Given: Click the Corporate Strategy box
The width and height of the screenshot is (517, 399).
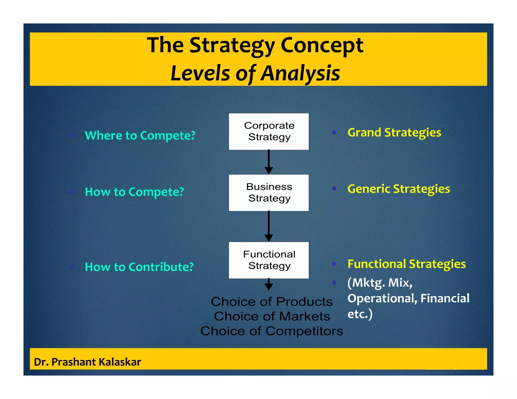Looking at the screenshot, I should [x=269, y=131].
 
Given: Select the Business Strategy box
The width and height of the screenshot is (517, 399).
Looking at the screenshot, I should [x=269, y=193].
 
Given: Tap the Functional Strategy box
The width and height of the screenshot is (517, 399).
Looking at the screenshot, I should [x=269, y=260].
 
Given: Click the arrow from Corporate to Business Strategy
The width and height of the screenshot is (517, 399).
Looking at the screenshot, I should [x=269, y=161].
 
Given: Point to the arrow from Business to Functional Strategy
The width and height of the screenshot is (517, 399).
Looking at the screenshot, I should [x=269, y=226].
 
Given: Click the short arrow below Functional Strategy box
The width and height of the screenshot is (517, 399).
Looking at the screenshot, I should [x=269, y=284].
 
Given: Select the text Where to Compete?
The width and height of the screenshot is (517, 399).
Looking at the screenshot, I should [x=140, y=135].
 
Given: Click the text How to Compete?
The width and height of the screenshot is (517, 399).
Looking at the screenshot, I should [x=134, y=192].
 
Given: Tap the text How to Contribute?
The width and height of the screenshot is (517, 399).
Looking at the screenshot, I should [x=139, y=267].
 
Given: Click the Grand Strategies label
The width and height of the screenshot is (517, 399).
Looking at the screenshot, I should [x=394, y=132].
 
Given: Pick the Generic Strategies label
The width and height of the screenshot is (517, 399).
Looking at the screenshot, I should [x=399, y=189].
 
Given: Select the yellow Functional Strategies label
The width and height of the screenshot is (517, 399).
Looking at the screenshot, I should [x=406, y=264].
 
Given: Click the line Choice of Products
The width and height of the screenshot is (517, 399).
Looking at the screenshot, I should [x=272, y=302].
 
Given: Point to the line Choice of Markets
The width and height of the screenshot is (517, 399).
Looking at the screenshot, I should [x=272, y=316].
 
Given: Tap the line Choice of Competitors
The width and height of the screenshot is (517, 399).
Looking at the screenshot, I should [x=272, y=331].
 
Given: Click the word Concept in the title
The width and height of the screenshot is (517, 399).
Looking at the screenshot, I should [x=322, y=45].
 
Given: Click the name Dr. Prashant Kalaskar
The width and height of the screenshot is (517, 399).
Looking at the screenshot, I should [x=87, y=362].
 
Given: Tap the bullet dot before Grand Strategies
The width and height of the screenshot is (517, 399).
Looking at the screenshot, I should [x=334, y=132].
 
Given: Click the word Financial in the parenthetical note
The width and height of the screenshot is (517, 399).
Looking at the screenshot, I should [x=445, y=298].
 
